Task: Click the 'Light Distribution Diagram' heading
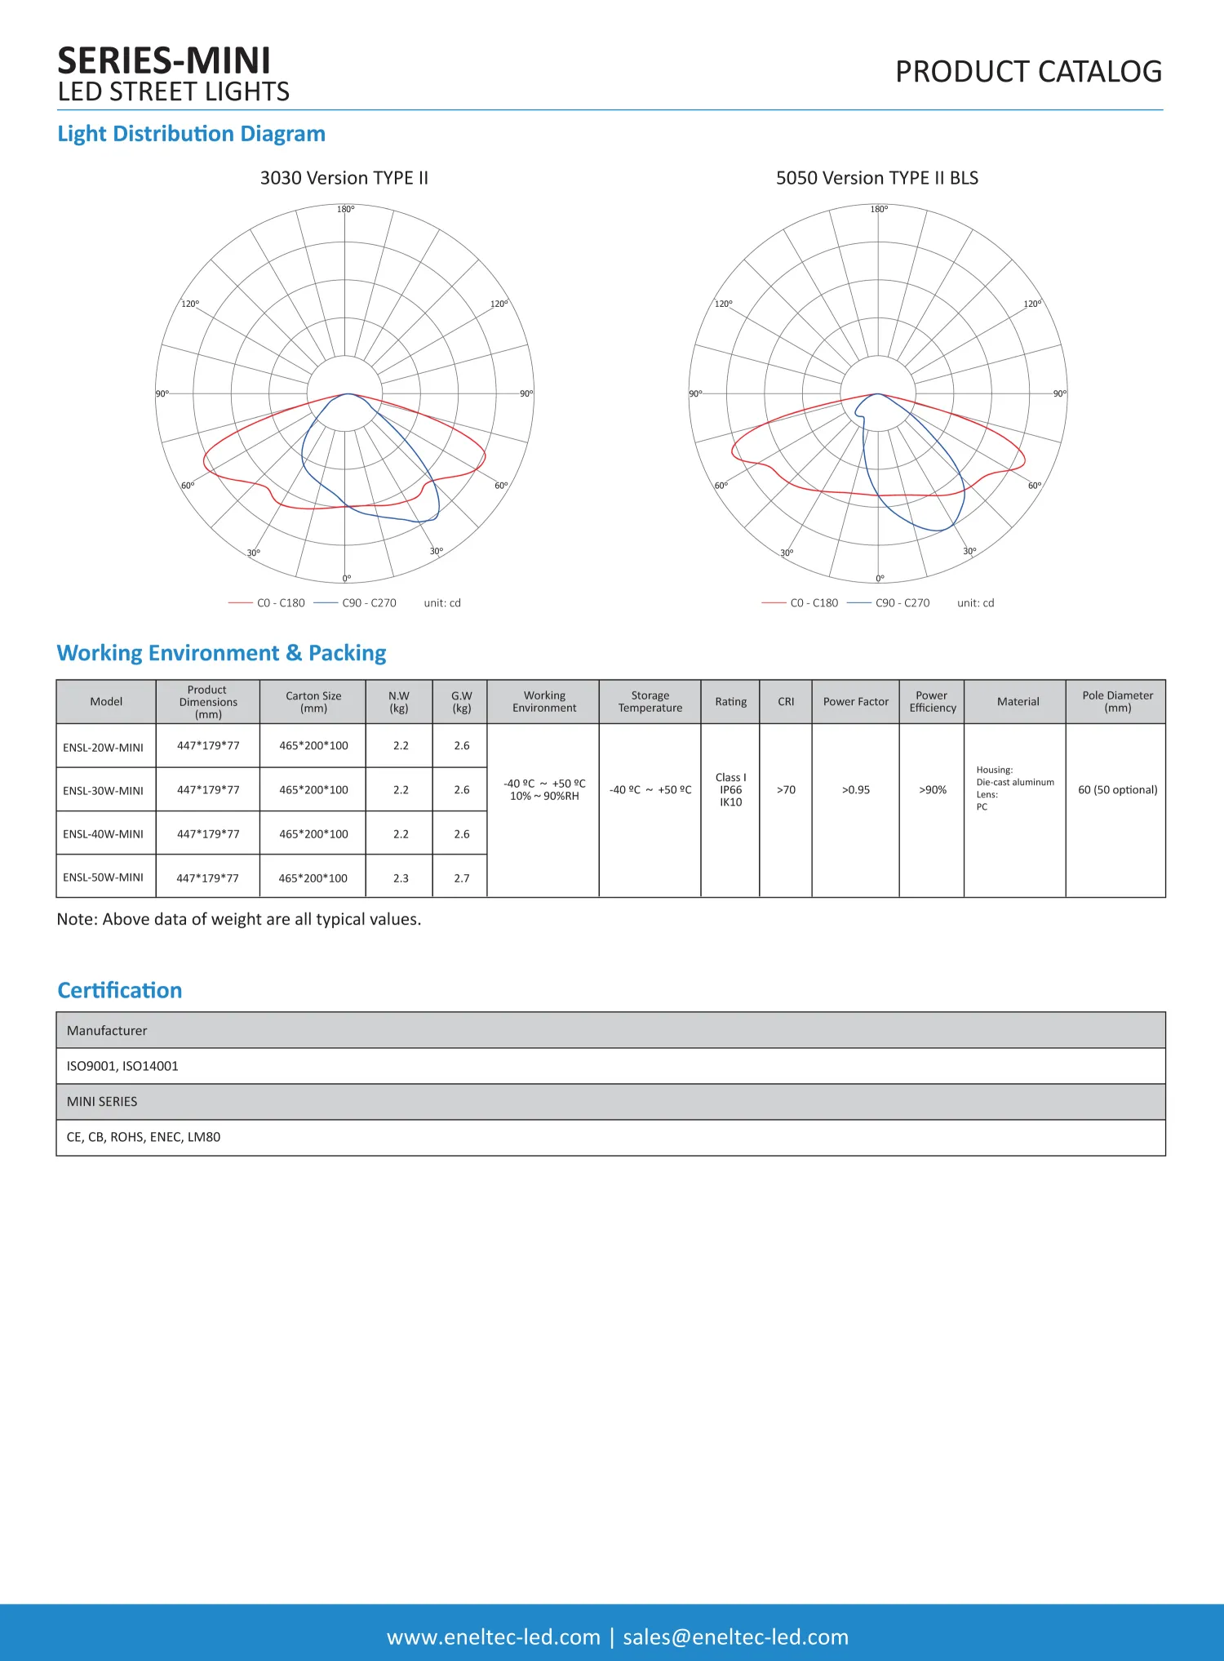[x=191, y=134]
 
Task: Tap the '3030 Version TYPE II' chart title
[x=344, y=178]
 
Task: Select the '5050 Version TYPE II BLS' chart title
[x=876, y=178]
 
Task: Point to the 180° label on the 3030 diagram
[x=345, y=210]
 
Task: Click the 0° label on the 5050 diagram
[x=880, y=579]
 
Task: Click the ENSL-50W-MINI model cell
[x=104, y=877]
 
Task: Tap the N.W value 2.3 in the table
[x=401, y=878]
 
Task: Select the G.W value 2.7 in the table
[x=462, y=878]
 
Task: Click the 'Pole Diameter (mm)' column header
[x=1117, y=702]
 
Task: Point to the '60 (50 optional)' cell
[x=1117, y=790]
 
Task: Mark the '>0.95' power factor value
[x=855, y=790]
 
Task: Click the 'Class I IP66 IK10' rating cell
[x=730, y=790]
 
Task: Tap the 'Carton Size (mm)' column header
[x=313, y=702]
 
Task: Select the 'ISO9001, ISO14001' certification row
[x=122, y=1066]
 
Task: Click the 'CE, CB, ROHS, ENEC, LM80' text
[x=144, y=1137]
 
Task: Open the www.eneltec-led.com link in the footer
[x=493, y=1637]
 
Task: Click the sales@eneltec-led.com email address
[x=735, y=1637]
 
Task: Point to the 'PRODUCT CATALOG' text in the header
[x=1028, y=72]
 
